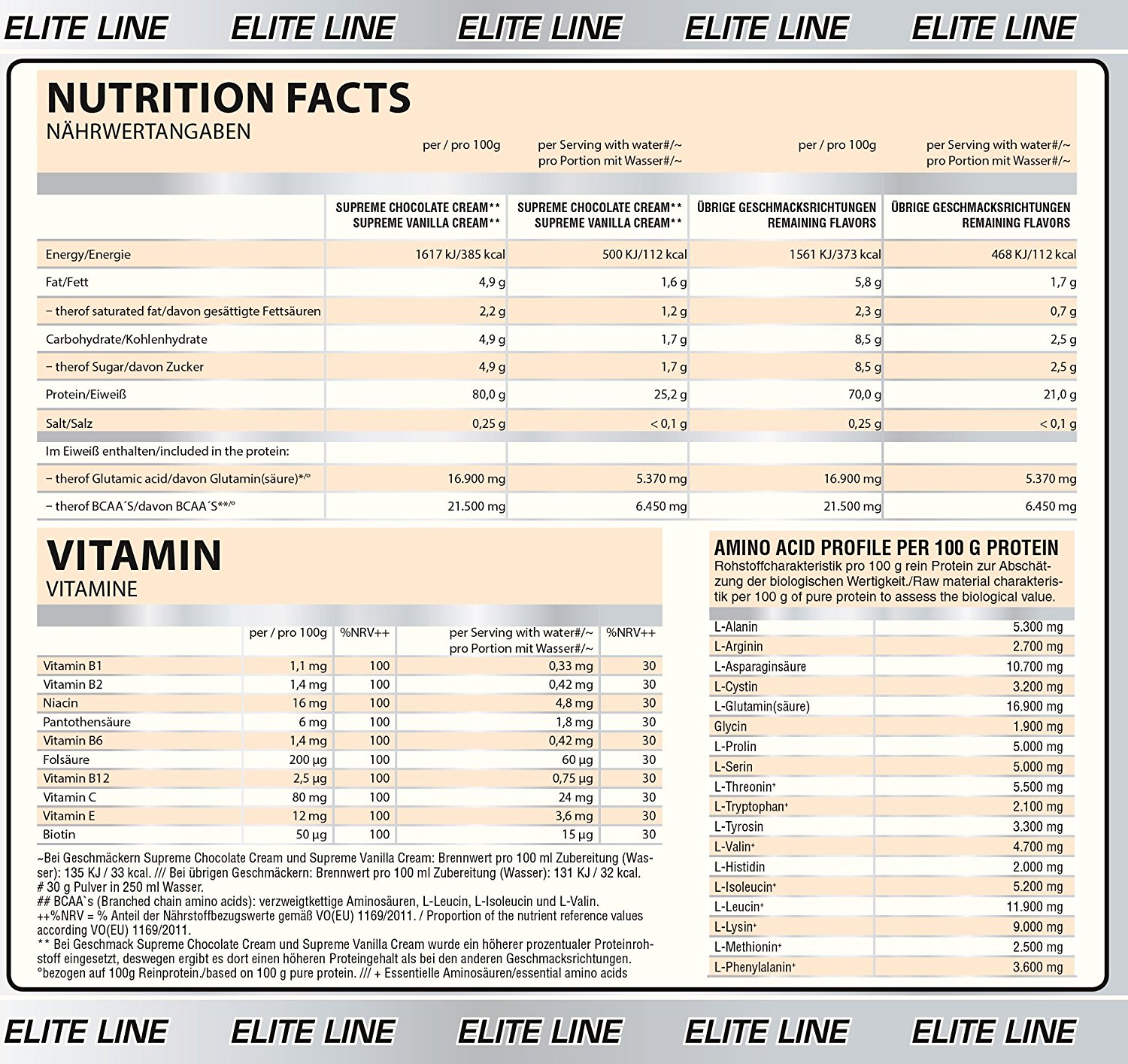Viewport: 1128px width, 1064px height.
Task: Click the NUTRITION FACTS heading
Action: tap(229, 98)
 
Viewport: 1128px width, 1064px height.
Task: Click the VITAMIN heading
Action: tap(134, 556)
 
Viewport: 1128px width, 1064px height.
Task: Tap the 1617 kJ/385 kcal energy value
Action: tap(459, 254)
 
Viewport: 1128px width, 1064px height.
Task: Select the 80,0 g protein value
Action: tap(488, 395)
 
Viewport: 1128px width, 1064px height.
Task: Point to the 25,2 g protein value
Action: tap(670, 395)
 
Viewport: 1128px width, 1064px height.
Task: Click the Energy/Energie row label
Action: tap(88, 254)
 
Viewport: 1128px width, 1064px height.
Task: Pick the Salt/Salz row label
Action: tap(69, 423)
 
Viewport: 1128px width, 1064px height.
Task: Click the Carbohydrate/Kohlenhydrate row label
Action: tap(126, 339)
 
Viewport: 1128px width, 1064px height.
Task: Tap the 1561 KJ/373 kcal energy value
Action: tap(835, 254)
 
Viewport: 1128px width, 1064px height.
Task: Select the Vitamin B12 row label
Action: tap(76, 778)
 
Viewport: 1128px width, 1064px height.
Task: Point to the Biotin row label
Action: tap(59, 835)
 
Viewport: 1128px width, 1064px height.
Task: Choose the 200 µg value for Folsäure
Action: tap(308, 759)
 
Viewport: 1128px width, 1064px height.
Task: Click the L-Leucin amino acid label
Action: tap(738, 907)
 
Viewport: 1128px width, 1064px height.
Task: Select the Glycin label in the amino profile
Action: tap(730, 726)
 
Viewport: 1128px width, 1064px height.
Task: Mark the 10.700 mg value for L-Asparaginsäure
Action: tap(1034, 666)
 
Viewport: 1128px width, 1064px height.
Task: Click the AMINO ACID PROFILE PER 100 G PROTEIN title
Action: tap(886, 547)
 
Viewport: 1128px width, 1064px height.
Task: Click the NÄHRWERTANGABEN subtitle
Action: tap(148, 132)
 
